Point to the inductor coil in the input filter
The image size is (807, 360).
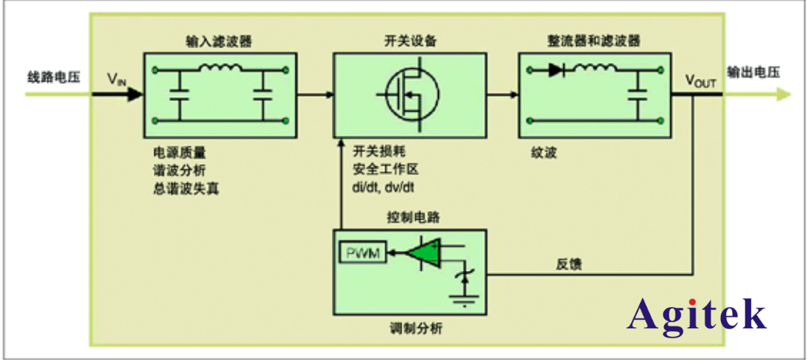pos(219,70)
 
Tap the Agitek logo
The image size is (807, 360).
pos(696,315)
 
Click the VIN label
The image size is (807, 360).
pos(118,79)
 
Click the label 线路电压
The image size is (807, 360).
pos(53,76)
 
